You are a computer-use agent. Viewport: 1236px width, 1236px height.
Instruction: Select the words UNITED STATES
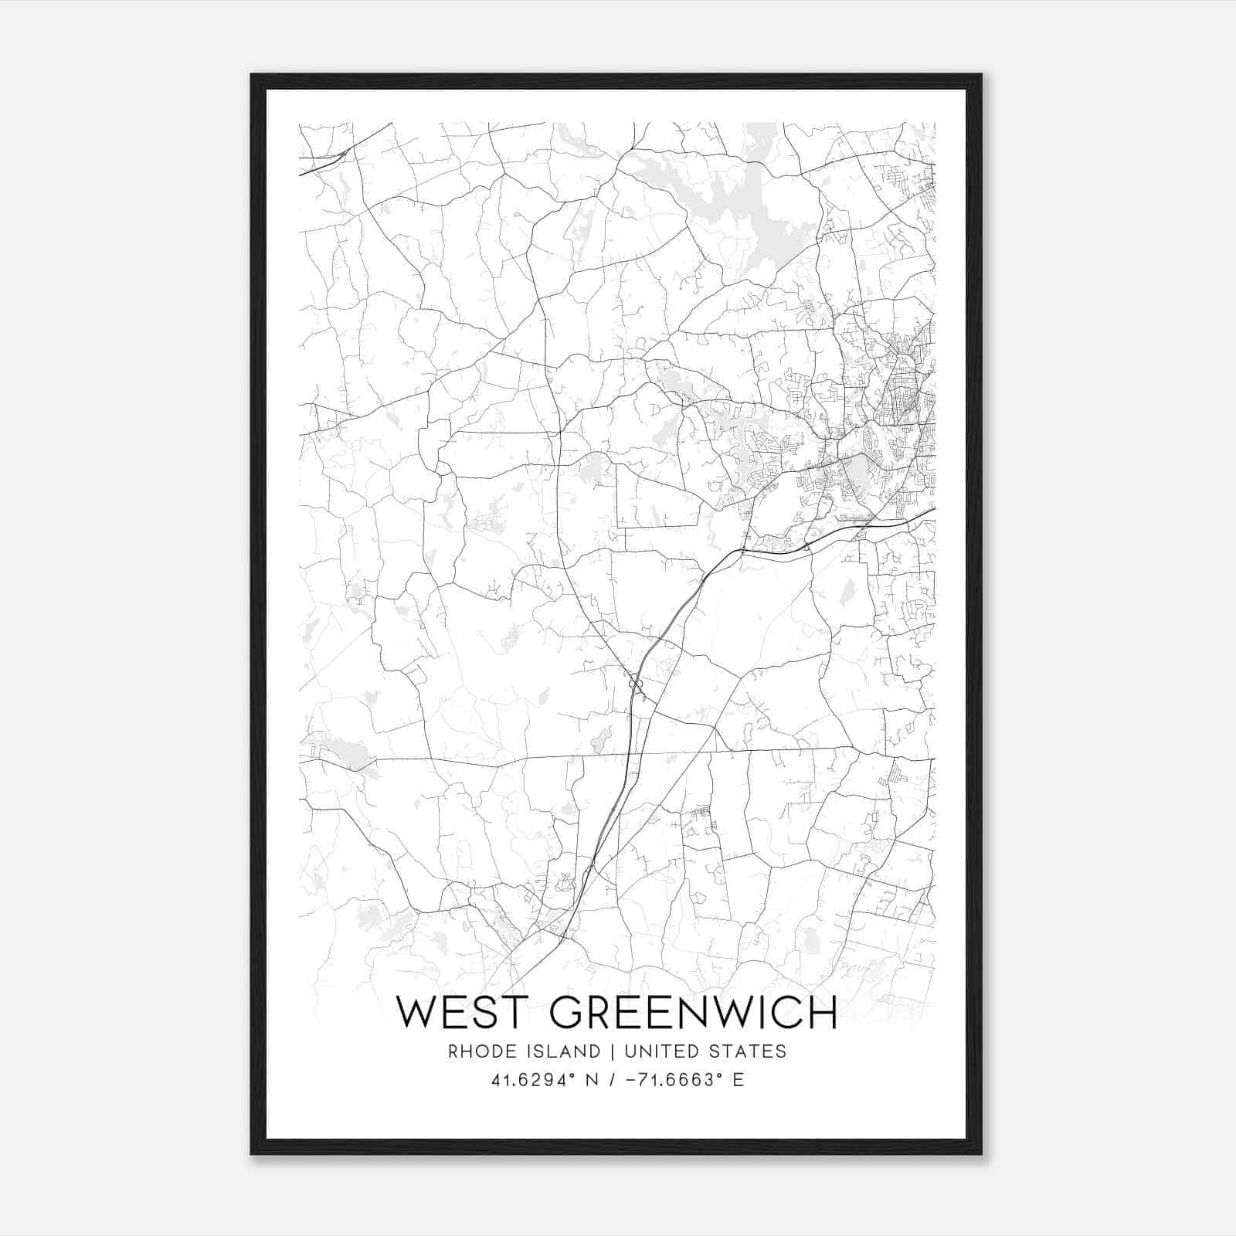(705, 1051)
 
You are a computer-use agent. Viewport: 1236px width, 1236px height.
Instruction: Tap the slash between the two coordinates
(613, 1080)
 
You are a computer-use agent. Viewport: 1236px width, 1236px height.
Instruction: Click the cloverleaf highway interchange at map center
(635, 682)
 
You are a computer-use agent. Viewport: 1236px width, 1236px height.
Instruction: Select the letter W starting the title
(417, 1014)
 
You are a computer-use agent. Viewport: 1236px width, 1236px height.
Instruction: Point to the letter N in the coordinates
(593, 1080)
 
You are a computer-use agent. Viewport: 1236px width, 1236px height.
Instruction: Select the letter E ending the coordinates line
(739, 1080)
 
